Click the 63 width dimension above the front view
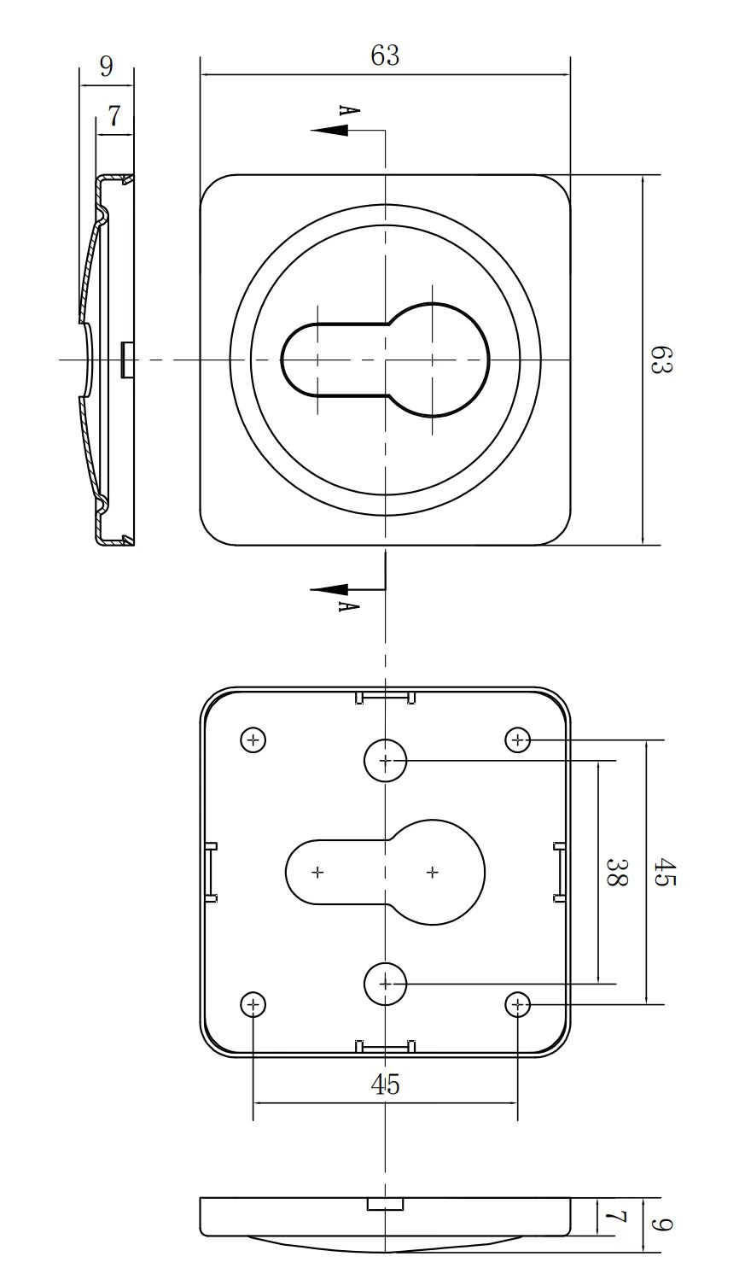point(385,56)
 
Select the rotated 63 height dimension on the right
point(661,359)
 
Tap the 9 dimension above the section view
point(107,67)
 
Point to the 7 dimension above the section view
point(114,117)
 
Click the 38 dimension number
point(616,872)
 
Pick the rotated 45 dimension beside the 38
point(664,872)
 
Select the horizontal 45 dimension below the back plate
point(385,1084)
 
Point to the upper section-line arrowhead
point(329,131)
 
